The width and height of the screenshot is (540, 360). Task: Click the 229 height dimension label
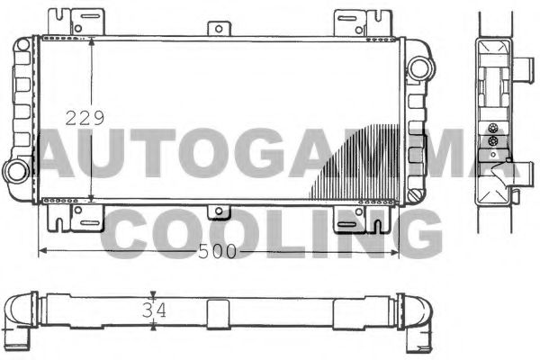[87, 118]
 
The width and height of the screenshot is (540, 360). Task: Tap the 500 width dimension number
[217, 253]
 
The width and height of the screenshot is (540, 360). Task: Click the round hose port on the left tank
[17, 169]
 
